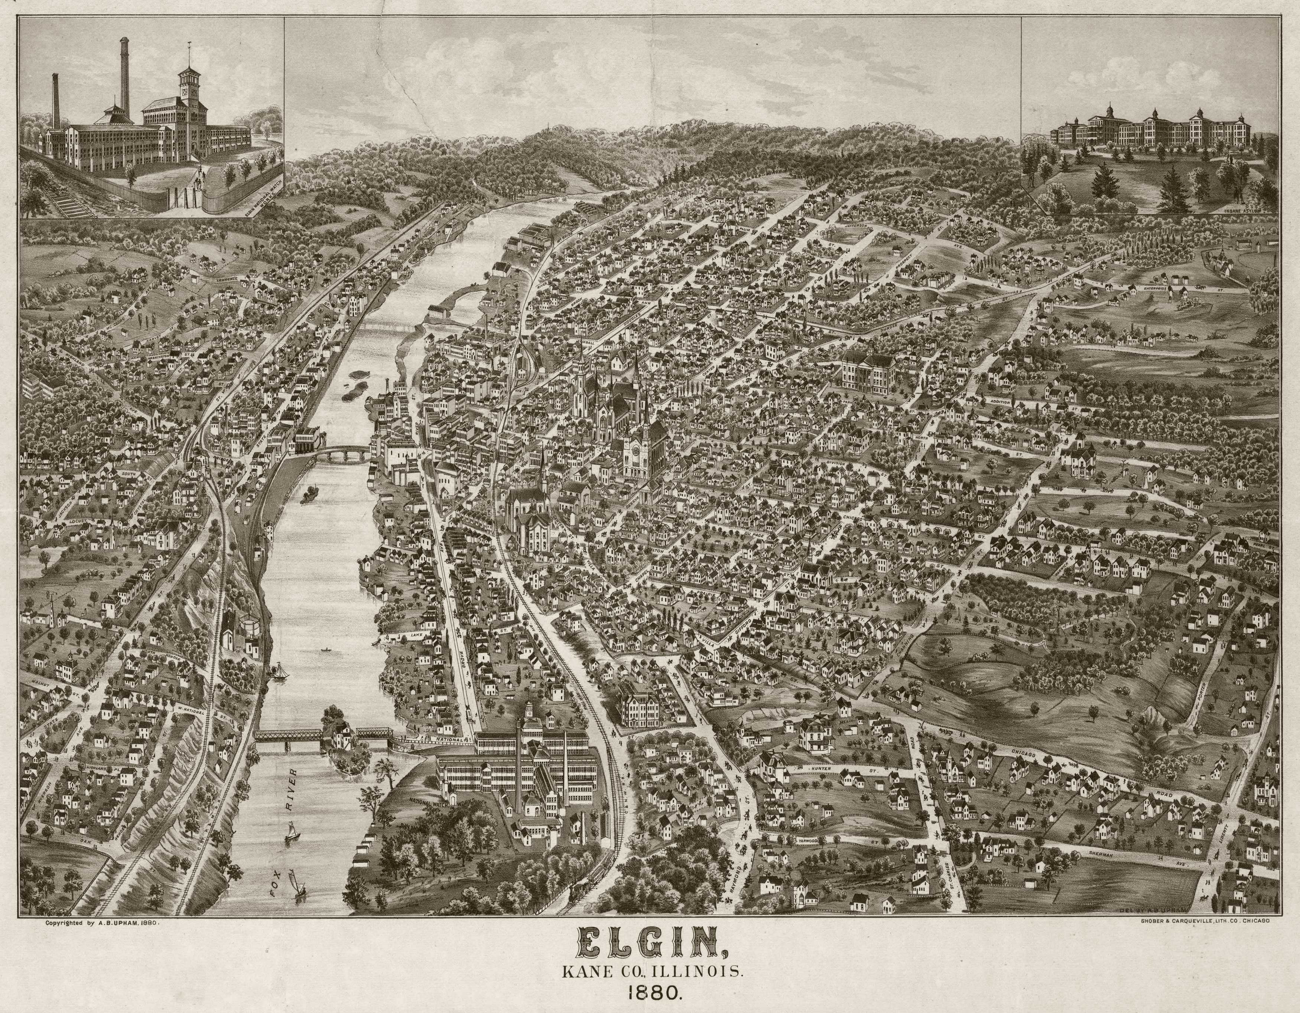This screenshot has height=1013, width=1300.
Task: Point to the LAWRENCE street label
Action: [229, 278]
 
